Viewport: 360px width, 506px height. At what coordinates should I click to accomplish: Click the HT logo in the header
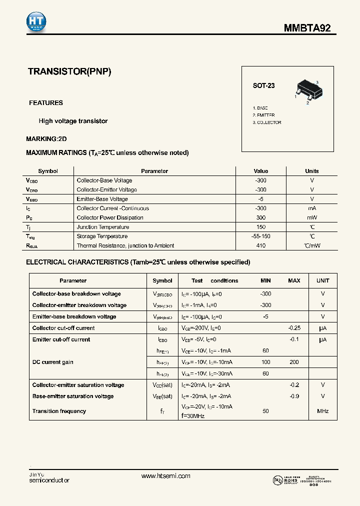36,21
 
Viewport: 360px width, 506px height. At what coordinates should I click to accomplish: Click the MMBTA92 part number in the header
307,28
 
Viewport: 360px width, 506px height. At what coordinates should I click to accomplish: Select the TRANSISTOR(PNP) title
69,71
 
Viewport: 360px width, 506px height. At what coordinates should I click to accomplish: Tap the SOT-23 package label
263,85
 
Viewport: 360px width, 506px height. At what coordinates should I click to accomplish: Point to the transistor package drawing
306,91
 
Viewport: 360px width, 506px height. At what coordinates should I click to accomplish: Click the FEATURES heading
46,103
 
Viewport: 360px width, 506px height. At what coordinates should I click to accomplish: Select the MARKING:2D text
46,138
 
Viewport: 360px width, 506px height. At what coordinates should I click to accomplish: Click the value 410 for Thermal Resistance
260,245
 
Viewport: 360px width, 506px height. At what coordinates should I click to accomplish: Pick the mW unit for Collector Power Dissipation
312,217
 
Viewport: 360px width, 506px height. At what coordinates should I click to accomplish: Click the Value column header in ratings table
260,171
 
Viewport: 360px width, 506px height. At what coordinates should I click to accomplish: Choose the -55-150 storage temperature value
260,236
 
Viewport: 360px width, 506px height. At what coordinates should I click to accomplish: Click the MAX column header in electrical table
294,280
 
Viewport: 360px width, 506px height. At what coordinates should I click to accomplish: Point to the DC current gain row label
53,362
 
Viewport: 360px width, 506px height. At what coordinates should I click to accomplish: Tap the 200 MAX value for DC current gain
294,362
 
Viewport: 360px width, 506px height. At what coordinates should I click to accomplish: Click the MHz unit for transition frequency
322,411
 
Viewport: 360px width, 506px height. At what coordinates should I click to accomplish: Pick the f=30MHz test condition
193,416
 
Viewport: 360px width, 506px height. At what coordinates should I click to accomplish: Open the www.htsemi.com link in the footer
166,476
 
